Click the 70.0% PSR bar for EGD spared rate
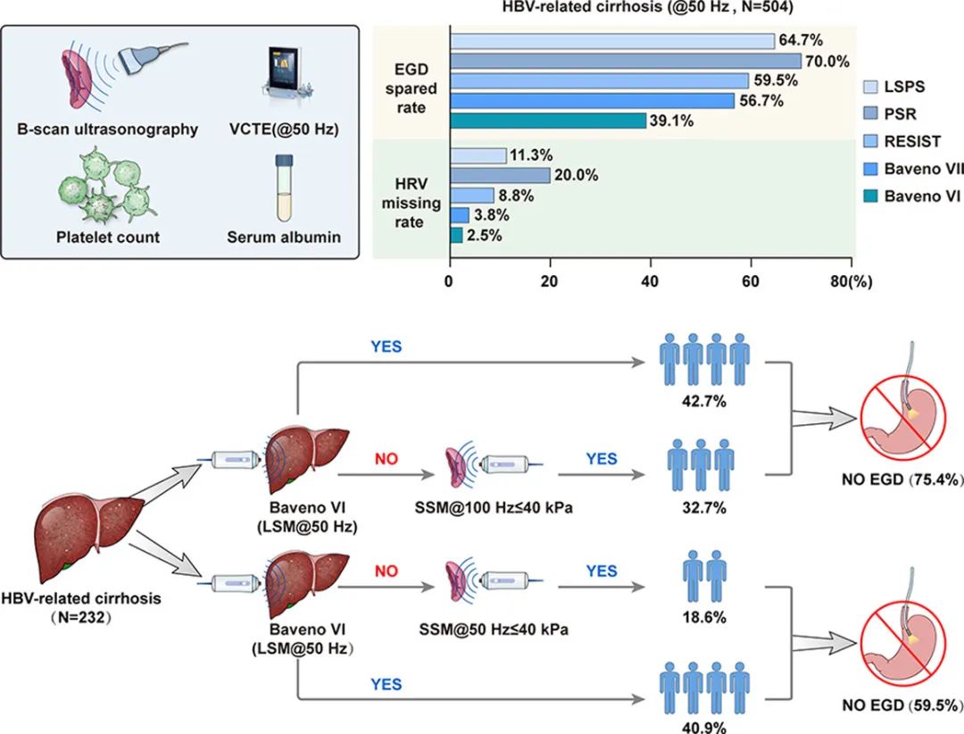(626, 61)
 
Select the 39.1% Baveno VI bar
(548, 121)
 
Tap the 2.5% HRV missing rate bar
(456, 235)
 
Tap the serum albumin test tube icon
(284, 187)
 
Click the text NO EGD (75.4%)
(905, 480)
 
